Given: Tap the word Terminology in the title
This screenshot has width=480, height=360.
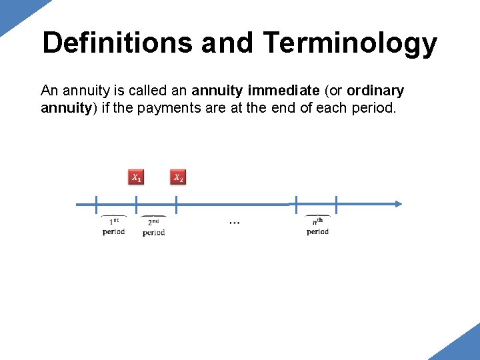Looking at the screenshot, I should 350,43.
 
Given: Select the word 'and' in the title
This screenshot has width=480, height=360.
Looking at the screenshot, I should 227,43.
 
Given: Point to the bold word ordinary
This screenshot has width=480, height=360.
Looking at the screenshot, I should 375,91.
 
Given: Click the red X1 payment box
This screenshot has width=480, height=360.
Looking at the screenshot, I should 136,177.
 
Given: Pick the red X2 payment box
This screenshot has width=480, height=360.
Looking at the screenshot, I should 178,177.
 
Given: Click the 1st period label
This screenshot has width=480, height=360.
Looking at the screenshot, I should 113,227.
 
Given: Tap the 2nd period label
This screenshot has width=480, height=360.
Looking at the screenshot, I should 153,227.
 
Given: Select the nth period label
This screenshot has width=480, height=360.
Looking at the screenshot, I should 317,227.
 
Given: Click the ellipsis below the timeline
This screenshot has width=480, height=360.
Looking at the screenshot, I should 235,222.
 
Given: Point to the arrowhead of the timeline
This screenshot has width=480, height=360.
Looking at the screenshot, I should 397,204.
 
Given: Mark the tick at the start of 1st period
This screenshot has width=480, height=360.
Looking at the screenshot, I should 96,204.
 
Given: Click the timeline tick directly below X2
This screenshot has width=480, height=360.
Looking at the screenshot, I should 177,204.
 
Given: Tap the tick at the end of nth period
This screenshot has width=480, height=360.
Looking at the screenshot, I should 337,204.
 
